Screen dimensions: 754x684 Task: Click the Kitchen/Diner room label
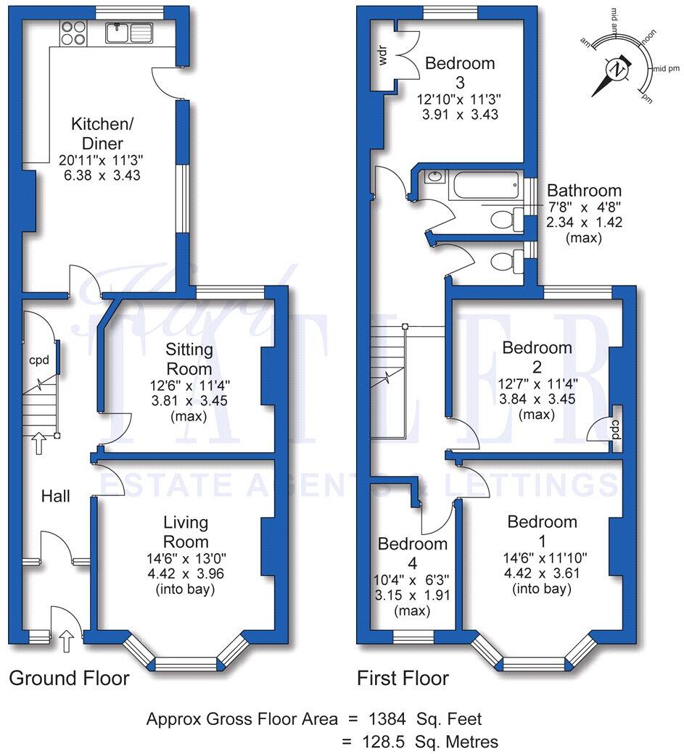96,133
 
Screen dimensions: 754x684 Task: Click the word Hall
55,497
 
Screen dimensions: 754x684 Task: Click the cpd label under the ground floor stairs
38,360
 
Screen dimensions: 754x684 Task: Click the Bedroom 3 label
460,72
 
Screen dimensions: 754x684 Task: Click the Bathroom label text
584,191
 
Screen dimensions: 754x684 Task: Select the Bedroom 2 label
537,357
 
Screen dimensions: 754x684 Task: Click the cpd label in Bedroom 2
616,425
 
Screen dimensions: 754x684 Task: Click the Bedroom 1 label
542,531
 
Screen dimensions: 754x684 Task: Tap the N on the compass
617,70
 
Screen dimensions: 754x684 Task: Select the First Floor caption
403,679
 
